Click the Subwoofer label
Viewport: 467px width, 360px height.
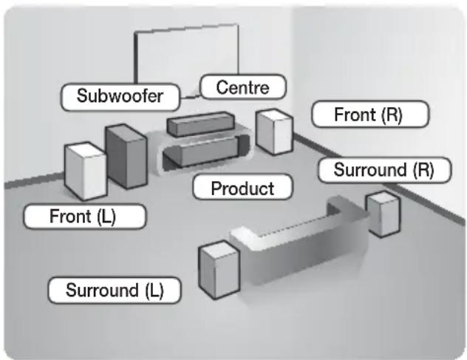pos(120,96)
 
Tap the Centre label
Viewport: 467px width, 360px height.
pos(241,88)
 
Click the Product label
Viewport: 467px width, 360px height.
pos(242,188)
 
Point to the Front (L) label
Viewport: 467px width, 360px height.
pos(83,217)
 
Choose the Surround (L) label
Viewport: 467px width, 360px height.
pos(114,289)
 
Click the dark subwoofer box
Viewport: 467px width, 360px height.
pos(125,154)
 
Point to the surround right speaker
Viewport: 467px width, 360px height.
pos(384,214)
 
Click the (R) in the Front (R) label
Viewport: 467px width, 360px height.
pos(391,115)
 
